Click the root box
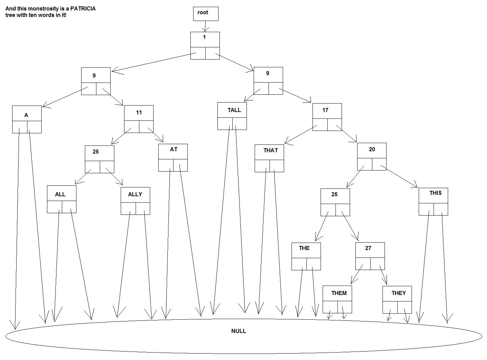[x=205, y=14]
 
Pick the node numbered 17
[x=327, y=111]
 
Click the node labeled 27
[x=370, y=249]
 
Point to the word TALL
[x=234, y=110]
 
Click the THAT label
[x=271, y=151]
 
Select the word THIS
[x=435, y=193]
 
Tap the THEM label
[x=339, y=293]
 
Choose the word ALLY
[x=135, y=195]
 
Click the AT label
[x=173, y=150]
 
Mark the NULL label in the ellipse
[x=238, y=331]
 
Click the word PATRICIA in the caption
[x=83, y=9]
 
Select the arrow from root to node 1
[x=205, y=26]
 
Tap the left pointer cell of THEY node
[x=390, y=307]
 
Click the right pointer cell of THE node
[x=314, y=264]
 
